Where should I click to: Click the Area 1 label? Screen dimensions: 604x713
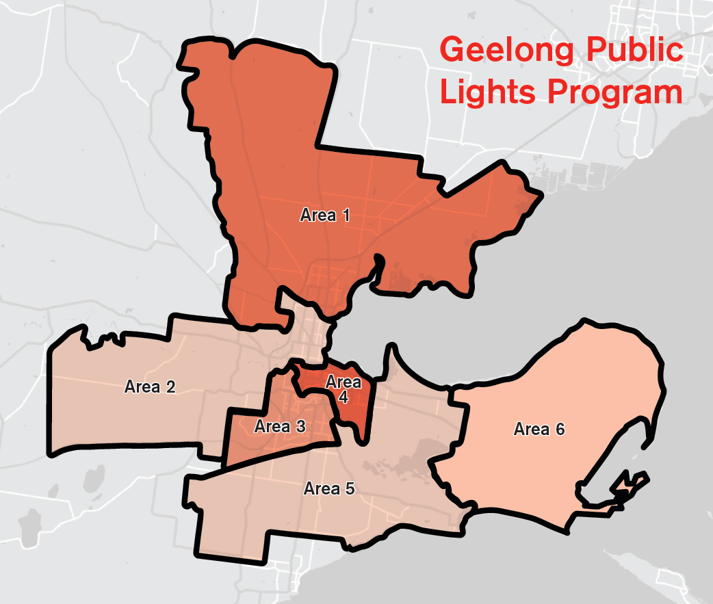(325, 215)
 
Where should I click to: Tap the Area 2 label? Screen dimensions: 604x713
(150, 386)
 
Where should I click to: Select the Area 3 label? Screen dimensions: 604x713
(280, 427)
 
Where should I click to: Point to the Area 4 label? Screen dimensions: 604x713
(343, 390)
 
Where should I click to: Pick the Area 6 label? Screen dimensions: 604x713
(539, 429)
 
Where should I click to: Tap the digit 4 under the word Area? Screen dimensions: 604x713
(343, 397)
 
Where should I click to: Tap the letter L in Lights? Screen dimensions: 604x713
(448, 92)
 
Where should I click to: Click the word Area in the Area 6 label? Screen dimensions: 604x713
(530, 429)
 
